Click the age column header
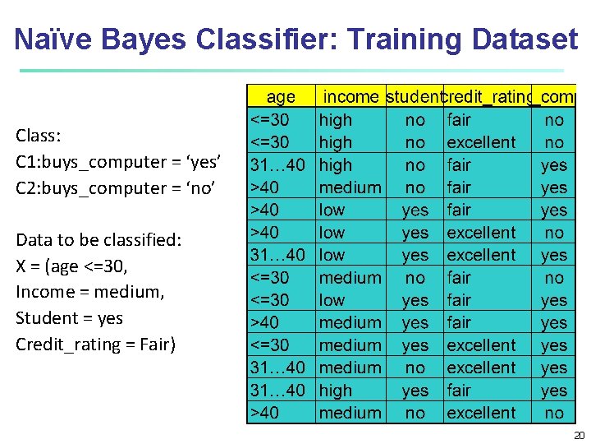click(281, 97)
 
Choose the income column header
click(351, 97)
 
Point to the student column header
click(415, 97)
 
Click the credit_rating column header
click(488, 97)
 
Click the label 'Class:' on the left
click(39, 136)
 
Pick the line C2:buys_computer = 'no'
click(115, 188)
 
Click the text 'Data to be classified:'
click(98, 240)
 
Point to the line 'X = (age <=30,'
click(71, 266)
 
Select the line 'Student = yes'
click(69, 318)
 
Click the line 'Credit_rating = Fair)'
click(95, 345)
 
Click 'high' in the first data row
click(336, 120)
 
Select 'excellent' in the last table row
click(481, 413)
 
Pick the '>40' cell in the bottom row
click(265, 413)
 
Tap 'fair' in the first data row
click(459, 120)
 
